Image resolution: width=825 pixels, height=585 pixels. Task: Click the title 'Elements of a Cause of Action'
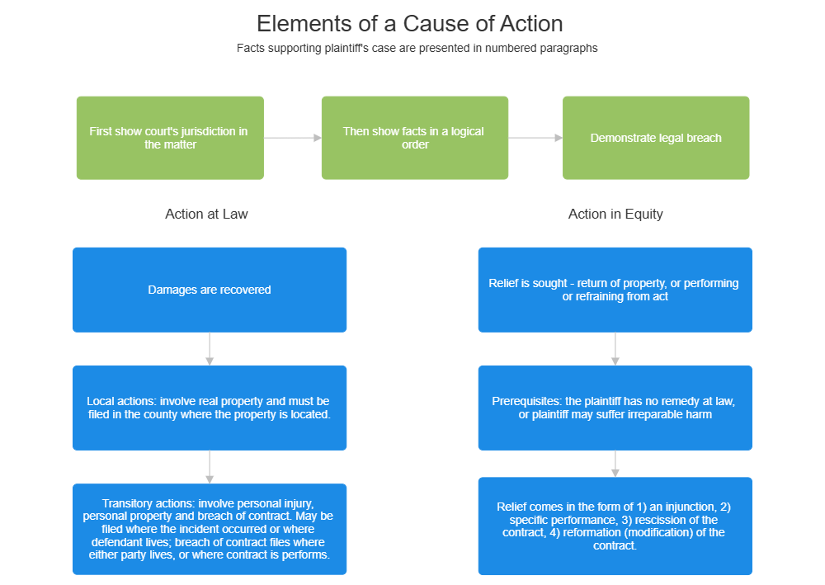tap(410, 23)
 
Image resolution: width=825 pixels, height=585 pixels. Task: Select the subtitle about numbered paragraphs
tap(417, 48)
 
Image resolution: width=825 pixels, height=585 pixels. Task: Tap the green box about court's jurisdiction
tap(170, 138)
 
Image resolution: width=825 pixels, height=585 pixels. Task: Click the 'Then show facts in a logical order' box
tap(414, 138)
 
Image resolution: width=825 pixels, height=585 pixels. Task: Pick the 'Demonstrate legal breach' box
tap(656, 138)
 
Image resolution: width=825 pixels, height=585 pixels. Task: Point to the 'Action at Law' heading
tap(206, 214)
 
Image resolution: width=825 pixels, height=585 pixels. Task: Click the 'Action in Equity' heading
tap(615, 214)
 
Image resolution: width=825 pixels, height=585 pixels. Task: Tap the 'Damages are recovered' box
tap(210, 290)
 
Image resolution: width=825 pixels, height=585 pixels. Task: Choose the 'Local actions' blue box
tap(210, 408)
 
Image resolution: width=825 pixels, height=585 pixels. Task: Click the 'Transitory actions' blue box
tap(210, 529)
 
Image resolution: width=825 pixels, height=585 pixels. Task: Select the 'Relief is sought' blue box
tap(615, 290)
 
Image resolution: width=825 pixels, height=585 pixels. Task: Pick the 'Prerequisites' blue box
tap(615, 408)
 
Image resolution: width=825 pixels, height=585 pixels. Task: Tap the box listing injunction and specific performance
tap(615, 526)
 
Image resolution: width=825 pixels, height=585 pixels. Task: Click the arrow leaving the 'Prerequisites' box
tap(615, 463)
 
